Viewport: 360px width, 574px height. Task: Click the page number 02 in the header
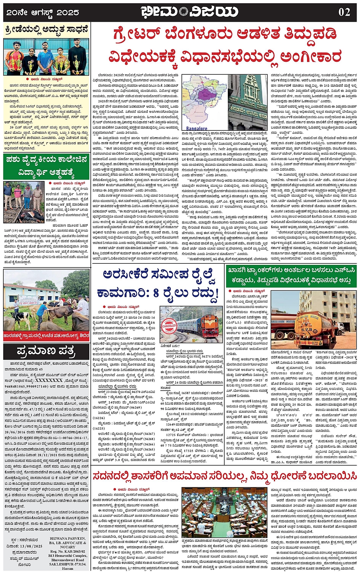pyautogui.click(x=344, y=12)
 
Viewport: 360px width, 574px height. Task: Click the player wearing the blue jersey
pyautogui.click(x=45, y=57)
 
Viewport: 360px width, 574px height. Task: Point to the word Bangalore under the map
pyautogui.click(x=195, y=128)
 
